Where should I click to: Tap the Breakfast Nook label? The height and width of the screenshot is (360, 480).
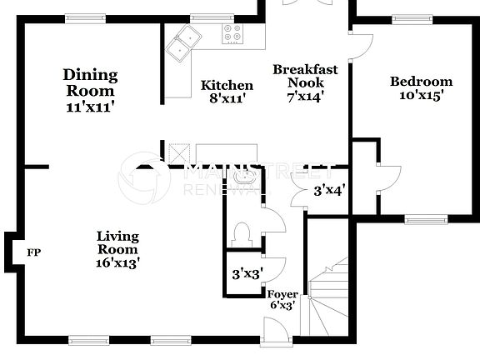click(x=305, y=82)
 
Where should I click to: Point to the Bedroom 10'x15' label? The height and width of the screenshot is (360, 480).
click(x=421, y=88)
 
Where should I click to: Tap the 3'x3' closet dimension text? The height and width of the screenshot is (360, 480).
click(x=247, y=272)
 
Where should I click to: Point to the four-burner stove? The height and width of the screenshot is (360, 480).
click(x=233, y=34)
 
